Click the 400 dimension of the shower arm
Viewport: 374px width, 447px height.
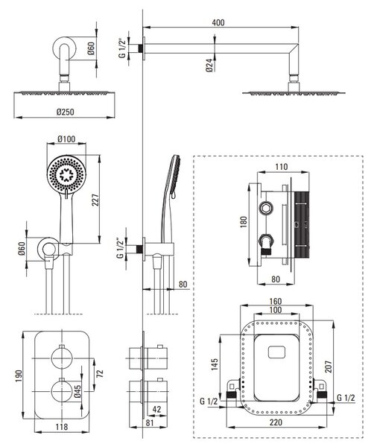click(218, 22)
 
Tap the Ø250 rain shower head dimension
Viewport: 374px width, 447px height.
click(66, 112)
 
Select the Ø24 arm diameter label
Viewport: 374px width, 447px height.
click(209, 65)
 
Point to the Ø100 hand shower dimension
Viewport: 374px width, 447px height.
click(66, 139)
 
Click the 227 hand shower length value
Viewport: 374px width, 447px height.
click(95, 200)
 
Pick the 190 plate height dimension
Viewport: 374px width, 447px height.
click(19, 376)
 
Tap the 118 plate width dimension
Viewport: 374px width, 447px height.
click(62, 427)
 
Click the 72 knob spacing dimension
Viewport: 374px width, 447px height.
click(100, 373)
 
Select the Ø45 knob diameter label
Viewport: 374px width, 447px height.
click(77, 391)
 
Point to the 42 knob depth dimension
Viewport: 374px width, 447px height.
click(156, 409)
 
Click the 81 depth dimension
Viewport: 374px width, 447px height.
click(150, 422)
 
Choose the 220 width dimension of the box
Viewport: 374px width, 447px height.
click(276, 422)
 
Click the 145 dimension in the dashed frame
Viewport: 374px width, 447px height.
click(214, 364)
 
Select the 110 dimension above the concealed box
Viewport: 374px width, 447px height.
click(282, 167)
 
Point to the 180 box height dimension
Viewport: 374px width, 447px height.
click(244, 222)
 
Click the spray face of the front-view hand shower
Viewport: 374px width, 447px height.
click(66, 174)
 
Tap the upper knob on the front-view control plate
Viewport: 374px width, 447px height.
click(61, 358)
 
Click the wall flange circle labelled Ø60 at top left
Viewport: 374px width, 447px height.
click(64, 48)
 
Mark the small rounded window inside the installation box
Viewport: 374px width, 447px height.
click(276, 352)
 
